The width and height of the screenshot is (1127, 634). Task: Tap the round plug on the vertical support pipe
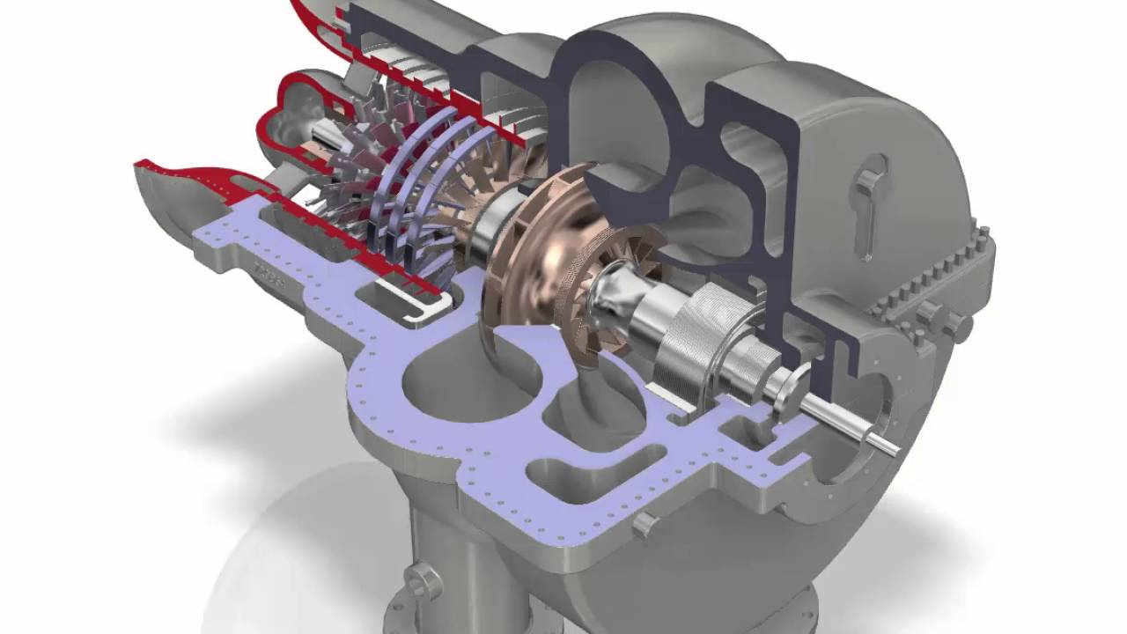pyautogui.click(x=423, y=581)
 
